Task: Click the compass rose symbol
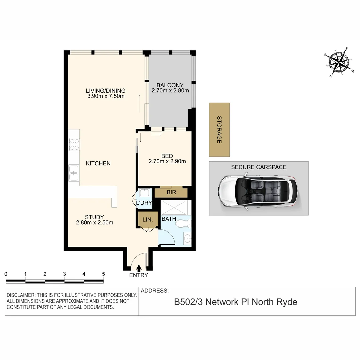339,62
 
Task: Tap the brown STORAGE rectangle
219,130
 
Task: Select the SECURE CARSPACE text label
259,167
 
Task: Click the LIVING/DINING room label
105,90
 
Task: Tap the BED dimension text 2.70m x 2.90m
167,162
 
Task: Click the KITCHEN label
98,163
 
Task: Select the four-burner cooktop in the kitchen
74,145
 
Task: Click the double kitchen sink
74,173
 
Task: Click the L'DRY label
144,203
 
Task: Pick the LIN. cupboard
148,220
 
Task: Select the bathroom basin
188,238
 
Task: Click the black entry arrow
139,267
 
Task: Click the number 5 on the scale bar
103,274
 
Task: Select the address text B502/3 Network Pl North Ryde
236,302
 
